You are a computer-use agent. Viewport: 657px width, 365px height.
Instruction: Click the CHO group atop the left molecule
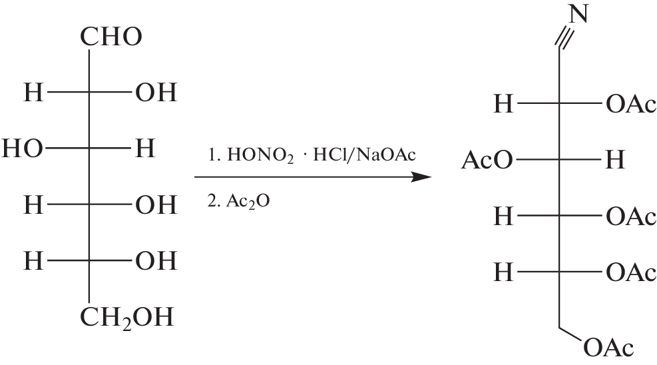tap(111, 37)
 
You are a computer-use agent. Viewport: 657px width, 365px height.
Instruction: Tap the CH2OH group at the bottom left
tap(126, 318)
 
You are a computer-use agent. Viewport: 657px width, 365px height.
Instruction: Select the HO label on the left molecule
tap(22, 149)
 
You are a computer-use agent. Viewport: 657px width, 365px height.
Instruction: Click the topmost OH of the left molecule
tap(156, 93)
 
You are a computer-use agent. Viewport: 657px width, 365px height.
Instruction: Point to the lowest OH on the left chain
tap(156, 260)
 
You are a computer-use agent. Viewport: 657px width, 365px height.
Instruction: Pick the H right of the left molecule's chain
tap(145, 149)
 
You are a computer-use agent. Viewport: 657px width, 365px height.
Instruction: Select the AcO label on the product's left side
tap(487, 160)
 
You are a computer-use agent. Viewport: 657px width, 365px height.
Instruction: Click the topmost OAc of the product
tap(631, 104)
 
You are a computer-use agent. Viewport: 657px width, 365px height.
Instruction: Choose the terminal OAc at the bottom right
tap(608, 348)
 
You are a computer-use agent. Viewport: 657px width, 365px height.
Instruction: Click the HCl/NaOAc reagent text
tap(365, 155)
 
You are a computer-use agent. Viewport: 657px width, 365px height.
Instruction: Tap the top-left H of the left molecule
tap(33, 93)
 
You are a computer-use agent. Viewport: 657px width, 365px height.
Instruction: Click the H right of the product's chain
tap(615, 160)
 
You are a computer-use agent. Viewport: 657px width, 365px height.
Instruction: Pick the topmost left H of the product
tap(503, 104)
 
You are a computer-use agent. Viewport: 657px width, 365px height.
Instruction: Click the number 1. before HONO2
tap(214, 155)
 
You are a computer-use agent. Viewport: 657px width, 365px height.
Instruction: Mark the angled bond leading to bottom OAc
tap(570, 334)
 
